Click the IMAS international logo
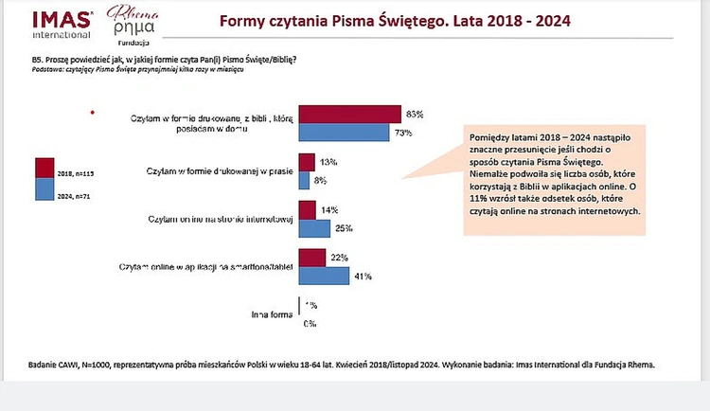62,25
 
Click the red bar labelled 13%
306,162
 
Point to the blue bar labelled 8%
303,179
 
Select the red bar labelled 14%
306,209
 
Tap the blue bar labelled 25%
313,227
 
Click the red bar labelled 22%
311,258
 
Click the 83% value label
415,114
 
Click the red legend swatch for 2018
44,169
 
